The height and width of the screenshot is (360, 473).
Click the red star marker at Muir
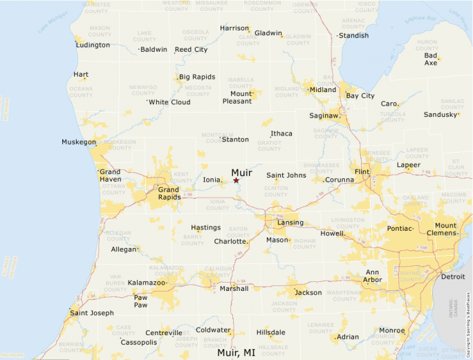tap(236, 180)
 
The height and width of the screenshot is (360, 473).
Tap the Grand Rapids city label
tap(169, 193)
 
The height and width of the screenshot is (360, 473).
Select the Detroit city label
tap(453, 276)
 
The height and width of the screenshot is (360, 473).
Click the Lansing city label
tap(290, 223)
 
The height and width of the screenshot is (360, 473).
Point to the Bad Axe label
tap(431, 59)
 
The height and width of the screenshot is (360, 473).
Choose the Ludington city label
tap(93, 45)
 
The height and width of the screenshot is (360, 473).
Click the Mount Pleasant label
tap(237, 97)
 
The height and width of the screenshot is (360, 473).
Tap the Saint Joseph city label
tap(93, 313)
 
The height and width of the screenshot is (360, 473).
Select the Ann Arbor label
tap(372, 276)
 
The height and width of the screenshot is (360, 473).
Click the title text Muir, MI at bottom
tap(236, 352)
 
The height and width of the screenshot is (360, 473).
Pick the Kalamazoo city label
tap(147, 283)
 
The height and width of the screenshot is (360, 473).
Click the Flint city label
tap(361, 171)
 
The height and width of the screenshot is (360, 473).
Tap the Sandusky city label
tap(440, 114)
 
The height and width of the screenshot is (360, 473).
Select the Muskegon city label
tap(79, 142)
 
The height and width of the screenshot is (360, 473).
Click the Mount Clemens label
tap(445, 229)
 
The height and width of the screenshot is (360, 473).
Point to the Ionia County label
tap(217, 205)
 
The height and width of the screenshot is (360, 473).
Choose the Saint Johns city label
tap(286, 176)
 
